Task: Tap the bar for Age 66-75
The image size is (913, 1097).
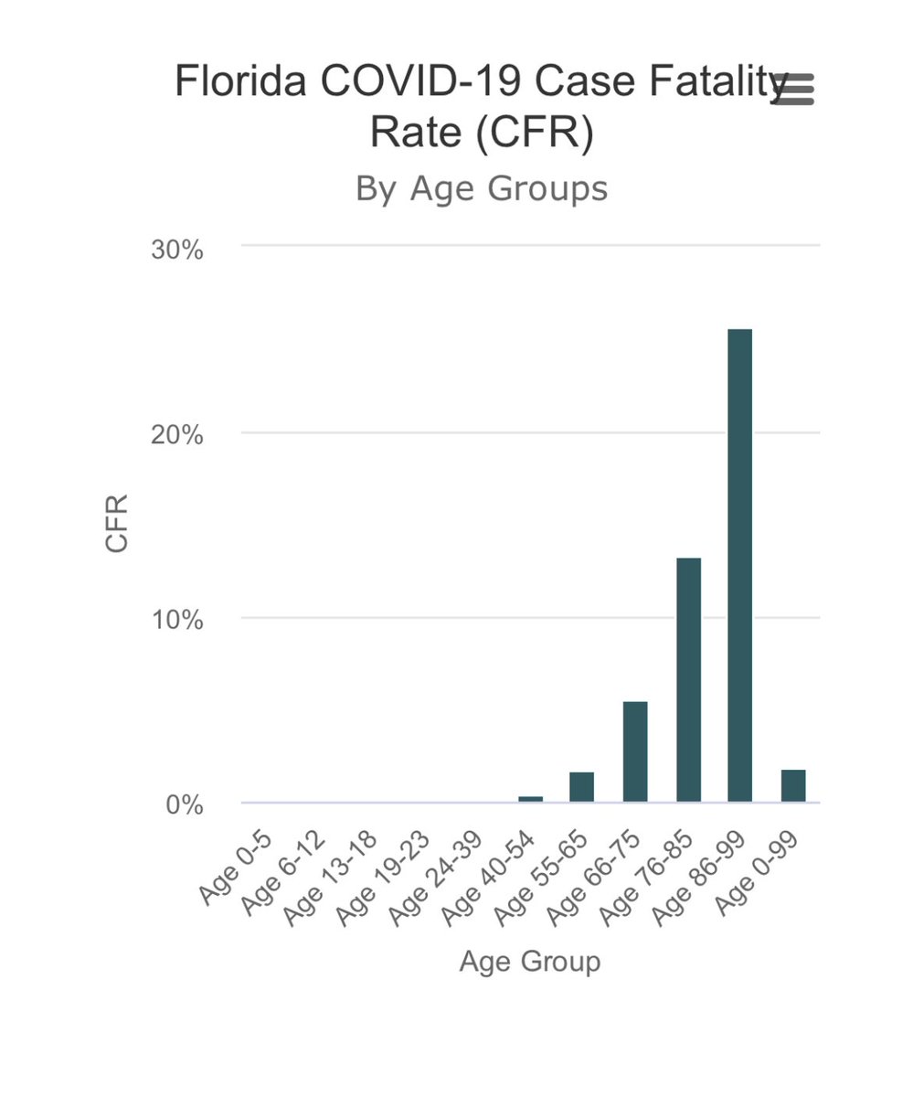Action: (635, 751)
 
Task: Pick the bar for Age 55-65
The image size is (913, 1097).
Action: (581, 787)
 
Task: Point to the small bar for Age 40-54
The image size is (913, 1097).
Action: (530, 799)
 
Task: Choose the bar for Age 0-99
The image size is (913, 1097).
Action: (793, 786)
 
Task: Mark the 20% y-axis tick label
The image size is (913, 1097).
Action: (176, 434)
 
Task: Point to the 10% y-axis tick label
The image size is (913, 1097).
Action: (176, 620)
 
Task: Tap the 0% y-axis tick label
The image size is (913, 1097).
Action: (184, 805)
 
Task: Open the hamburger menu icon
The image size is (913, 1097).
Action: (793, 89)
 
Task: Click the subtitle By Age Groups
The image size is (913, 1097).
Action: (481, 188)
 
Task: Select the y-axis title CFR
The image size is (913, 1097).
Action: (117, 523)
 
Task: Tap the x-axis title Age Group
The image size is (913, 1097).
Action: (529, 962)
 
